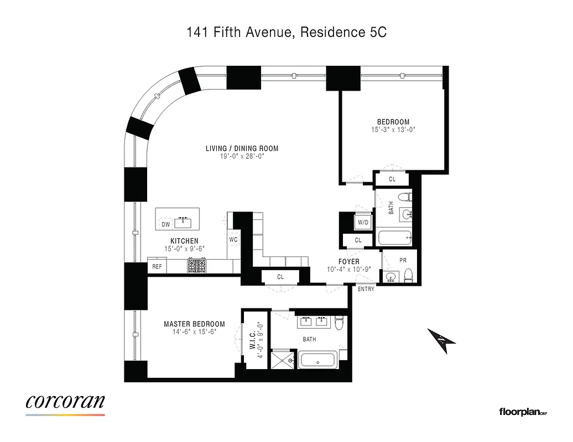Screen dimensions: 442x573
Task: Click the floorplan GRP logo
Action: (x=523, y=412)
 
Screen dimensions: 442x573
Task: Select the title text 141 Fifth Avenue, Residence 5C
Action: (x=286, y=33)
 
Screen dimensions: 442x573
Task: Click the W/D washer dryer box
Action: (x=363, y=222)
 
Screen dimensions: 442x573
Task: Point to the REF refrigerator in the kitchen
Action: (x=157, y=267)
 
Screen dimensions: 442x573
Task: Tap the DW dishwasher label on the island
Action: (x=165, y=224)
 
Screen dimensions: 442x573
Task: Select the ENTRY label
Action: (x=366, y=289)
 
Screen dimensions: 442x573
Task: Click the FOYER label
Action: (x=348, y=261)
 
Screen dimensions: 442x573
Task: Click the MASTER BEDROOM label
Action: (x=194, y=324)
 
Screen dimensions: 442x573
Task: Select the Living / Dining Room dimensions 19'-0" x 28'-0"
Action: (x=242, y=156)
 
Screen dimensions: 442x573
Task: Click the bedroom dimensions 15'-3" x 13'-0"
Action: (x=393, y=130)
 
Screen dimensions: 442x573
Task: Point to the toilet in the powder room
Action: (x=408, y=274)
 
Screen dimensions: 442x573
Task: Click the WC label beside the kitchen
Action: (x=233, y=240)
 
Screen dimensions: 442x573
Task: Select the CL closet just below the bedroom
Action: (x=392, y=179)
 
